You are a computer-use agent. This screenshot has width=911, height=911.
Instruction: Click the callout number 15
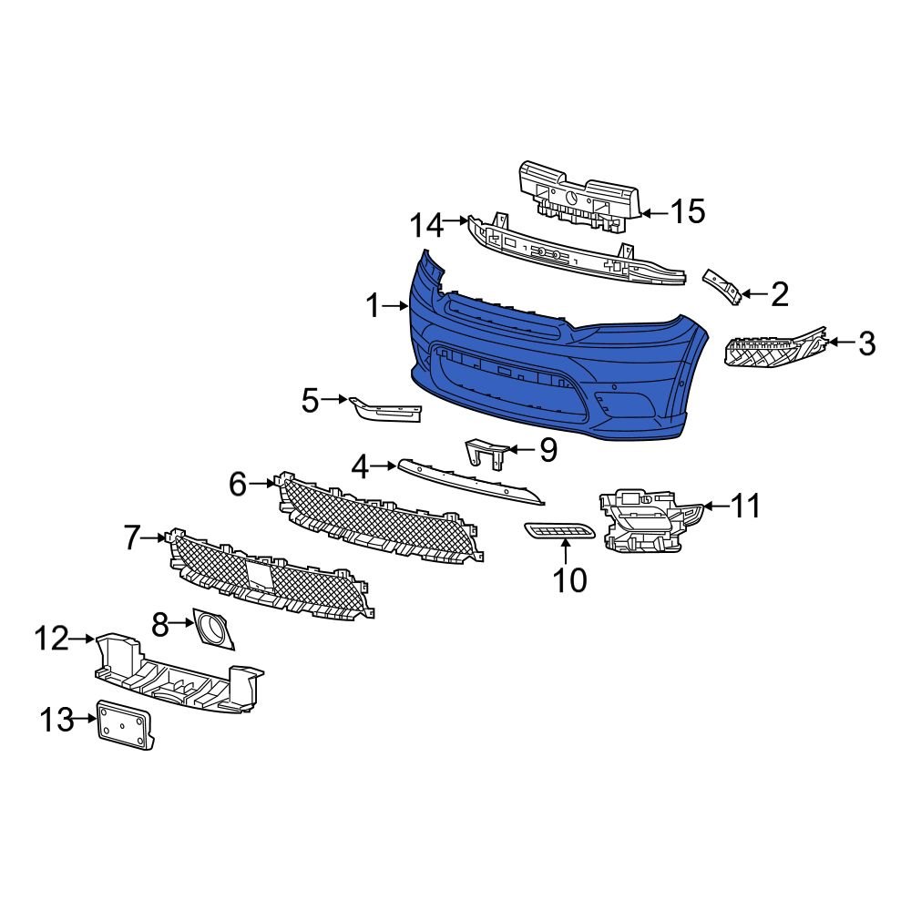pos(688,212)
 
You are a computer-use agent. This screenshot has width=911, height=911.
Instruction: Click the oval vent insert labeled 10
pos(559,531)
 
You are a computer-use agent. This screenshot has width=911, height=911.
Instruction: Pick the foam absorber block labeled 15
pos(578,193)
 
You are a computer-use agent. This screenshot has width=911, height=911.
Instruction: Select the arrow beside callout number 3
pos(839,343)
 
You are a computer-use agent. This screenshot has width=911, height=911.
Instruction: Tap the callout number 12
pos(53,639)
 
